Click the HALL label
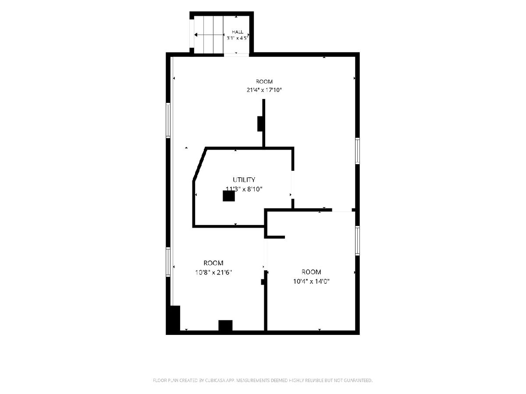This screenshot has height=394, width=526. coord(237,32)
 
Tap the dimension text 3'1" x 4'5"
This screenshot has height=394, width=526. coord(237,38)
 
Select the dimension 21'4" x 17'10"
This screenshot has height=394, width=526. coord(264,90)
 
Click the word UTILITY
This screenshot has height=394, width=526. coord(244,179)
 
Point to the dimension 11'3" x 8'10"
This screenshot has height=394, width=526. coord(244,189)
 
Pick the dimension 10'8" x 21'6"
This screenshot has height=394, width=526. coord(213,272)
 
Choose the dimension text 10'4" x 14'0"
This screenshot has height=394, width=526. coord(311,281)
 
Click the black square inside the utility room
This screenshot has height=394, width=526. coord(229,196)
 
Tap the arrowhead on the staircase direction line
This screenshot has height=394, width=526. coord(195,35)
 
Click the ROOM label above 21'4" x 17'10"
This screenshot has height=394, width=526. coord(264,82)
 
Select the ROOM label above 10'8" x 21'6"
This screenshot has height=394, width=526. coord(213,263)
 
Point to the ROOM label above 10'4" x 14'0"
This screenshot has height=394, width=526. coord(311,272)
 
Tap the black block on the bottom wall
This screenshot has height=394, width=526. coord(225,325)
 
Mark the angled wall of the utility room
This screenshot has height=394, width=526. coord(200,165)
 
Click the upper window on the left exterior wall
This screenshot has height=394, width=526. coord(168,120)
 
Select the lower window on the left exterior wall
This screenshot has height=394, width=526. coord(168,262)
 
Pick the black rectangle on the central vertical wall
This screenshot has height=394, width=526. coord(260,124)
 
